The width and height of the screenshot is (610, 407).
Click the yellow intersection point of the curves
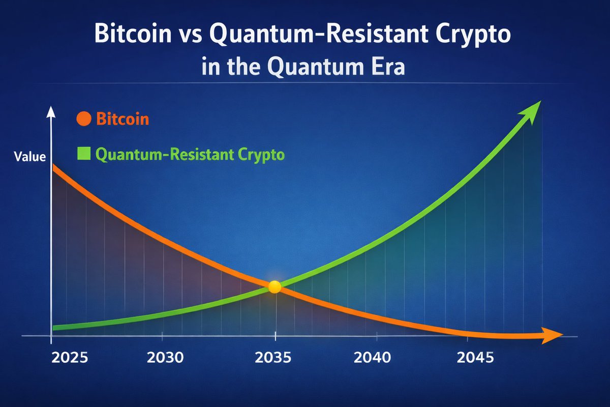(x=274, y=287)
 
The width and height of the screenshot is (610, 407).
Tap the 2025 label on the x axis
(x=70, y=357)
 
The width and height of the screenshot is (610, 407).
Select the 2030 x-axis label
(x=165, y=357)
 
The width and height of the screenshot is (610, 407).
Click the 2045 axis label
(x=475, y=357)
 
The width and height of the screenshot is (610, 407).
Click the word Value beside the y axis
(x=29, y=157)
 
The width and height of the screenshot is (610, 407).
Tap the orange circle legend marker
(x=83, y=120)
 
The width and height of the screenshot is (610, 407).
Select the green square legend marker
(x=83, y=153)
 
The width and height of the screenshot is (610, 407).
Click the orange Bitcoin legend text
(x=123, y=120)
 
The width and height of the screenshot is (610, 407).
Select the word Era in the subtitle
(x=385, y=67)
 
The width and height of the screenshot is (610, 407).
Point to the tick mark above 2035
(x=275, y=336)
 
